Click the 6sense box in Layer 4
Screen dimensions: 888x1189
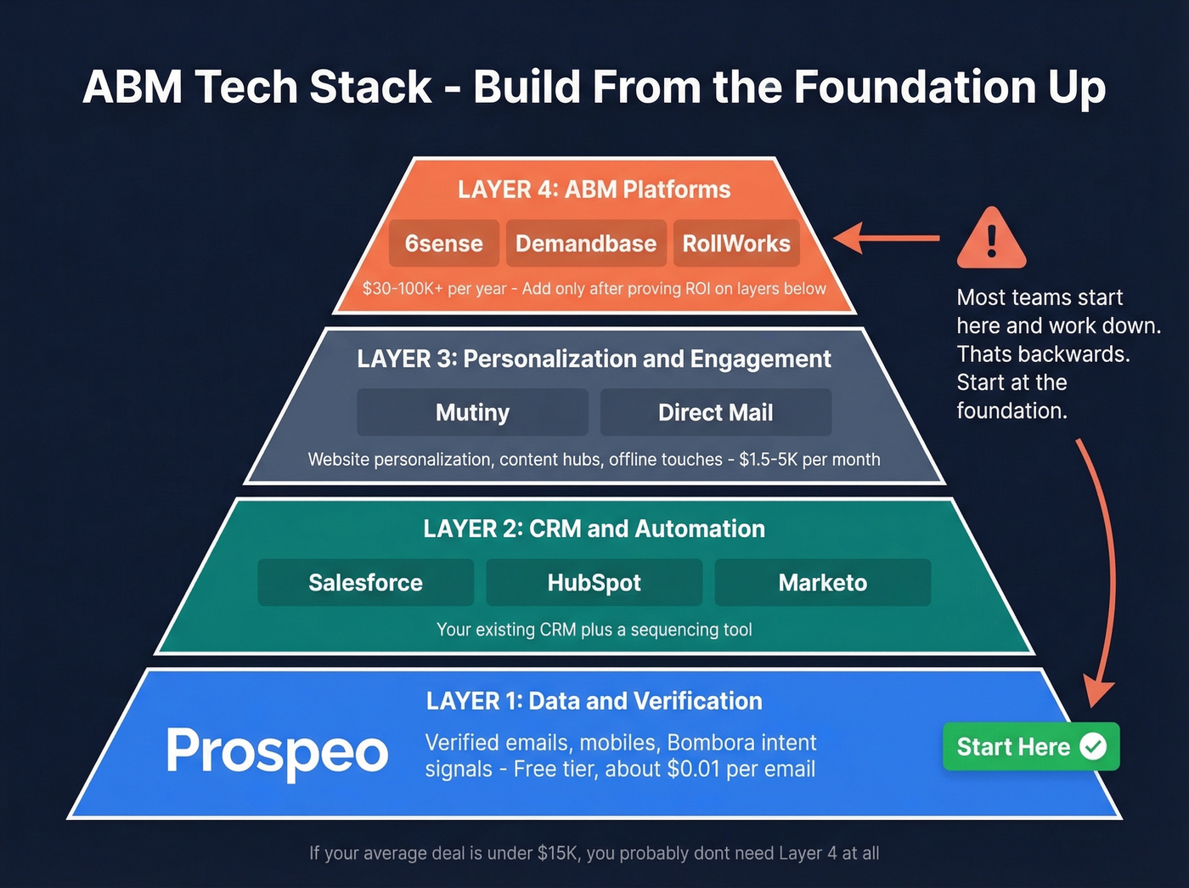443,244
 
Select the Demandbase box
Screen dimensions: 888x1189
585,244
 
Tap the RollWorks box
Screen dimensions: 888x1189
736,244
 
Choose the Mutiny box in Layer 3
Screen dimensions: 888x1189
472,413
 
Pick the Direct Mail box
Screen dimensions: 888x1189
715,413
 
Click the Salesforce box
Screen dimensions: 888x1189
365,583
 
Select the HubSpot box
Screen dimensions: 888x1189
594,583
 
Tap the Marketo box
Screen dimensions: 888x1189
822,583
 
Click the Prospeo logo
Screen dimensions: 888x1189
277,752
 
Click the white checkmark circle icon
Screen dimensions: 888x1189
1093,746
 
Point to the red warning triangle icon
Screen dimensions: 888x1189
991,239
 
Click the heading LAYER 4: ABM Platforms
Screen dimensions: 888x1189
594,189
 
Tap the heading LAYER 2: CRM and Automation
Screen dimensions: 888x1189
594,529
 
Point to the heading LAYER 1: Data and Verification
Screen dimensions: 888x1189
594,701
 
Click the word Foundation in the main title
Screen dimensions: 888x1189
913,88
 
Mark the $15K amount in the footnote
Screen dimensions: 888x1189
557,853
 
